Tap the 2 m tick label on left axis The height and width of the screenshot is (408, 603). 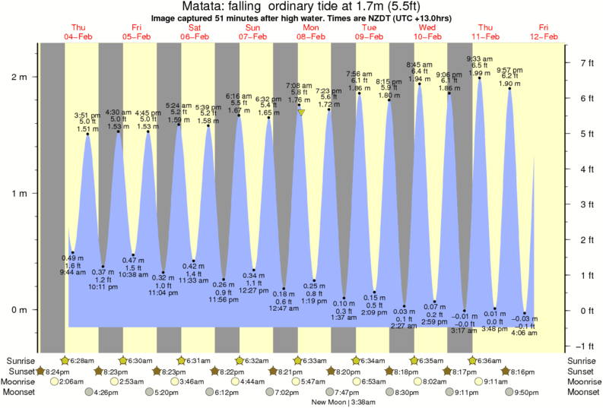coord(18,77)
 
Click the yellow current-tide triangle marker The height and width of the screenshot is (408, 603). coord(301,112)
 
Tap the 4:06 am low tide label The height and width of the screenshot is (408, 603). coord(524,333)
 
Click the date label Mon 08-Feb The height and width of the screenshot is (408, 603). coord(311,31)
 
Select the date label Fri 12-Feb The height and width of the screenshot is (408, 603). coord(544,31)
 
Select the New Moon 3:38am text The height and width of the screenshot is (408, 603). coord(343,402)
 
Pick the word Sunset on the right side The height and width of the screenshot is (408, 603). coord(582,371)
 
